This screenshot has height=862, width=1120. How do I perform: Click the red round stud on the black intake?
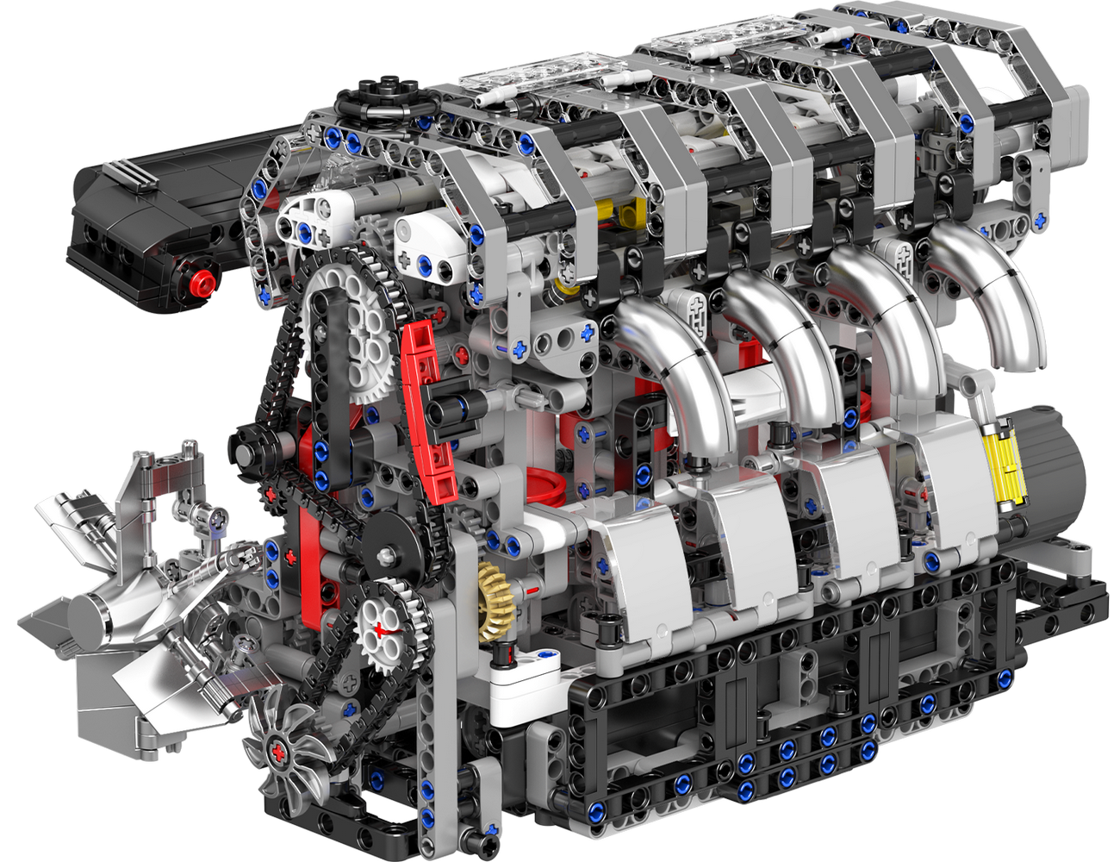pos(202,281)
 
